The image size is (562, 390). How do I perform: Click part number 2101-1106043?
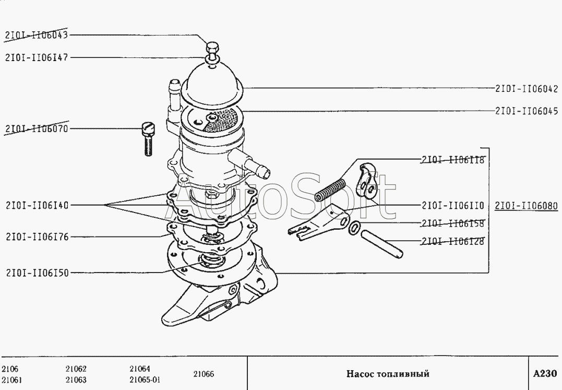(x=37, y=35)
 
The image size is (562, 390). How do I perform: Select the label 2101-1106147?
(x=37, y=57)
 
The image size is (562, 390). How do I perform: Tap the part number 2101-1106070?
(x=37, y=128)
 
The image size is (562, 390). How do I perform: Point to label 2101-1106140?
(x=37, y=205)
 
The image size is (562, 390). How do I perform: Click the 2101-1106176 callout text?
(x=37, y=237)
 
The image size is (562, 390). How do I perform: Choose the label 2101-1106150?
(x=37, y=272)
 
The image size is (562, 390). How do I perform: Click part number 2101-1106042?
(x=527, y=89)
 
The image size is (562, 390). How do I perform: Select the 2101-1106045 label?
(x=527, y=111)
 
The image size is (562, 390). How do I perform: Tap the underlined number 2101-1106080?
(x=527, y=205)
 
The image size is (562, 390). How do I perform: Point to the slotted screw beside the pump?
(x=148, y=138)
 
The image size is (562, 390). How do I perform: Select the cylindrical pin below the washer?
(x=384, y=243)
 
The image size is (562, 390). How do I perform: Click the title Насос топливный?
(x=387, y=374)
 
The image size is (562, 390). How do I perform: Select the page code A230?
(x=544, y=374)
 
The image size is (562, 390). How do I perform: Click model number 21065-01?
(x=145, y=380)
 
